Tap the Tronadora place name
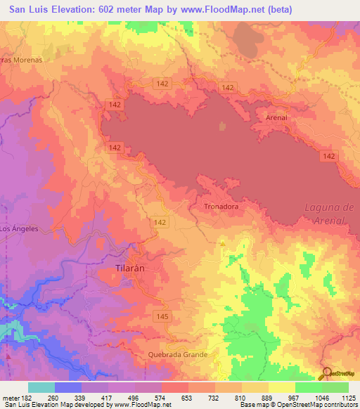[221, 207]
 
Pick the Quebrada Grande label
[177, 355]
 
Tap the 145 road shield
[162, 318]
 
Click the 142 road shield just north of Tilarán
[159, 221]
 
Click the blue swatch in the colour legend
[67, 387]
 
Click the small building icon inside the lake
[223, 127]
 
